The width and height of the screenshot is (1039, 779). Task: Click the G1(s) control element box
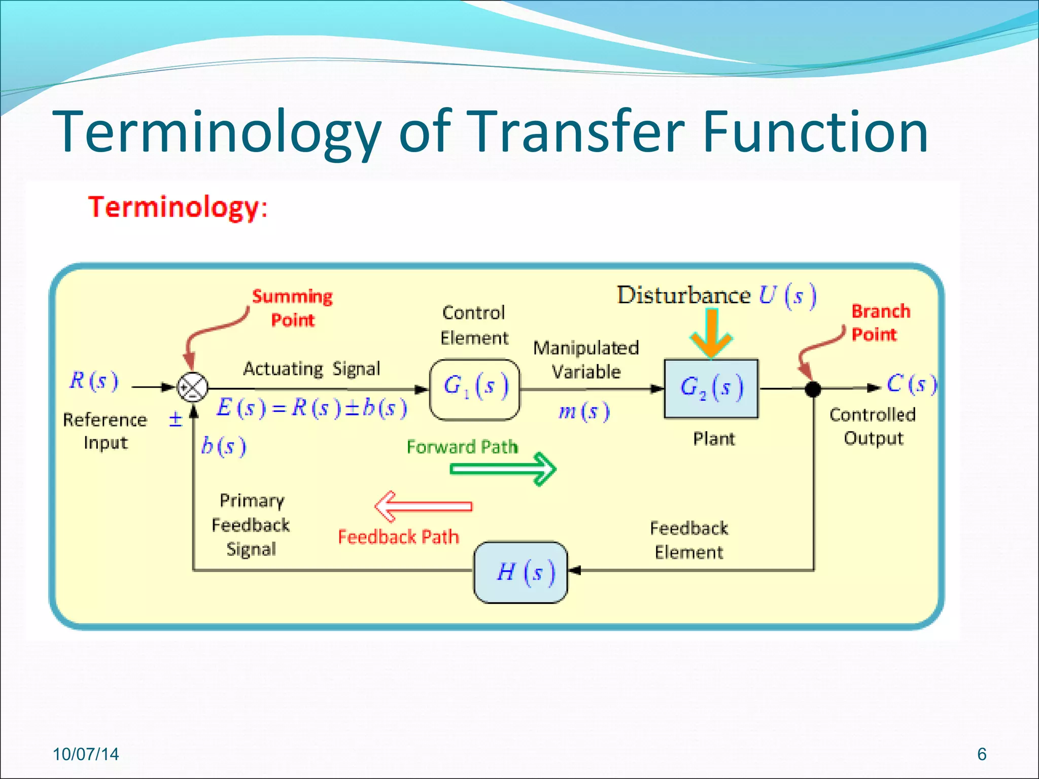click(x=475, y=389)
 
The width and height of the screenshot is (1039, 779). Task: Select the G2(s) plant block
click(x=711, y=389)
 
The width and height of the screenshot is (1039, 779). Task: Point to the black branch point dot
click(x=813, y=389)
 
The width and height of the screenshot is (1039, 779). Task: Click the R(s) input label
click(x=94, y=381)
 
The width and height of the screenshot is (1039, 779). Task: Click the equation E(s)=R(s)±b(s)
click(x=311, y=408)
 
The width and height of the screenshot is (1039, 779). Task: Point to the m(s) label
click(x=583, y=411)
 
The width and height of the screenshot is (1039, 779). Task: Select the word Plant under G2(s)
click(x=714, y=439)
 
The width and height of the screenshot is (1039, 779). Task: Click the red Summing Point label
click(x=292, y=308)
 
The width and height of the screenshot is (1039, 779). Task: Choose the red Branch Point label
click(x=880, y=323)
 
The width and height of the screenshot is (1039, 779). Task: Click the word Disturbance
click(x=683, y=295)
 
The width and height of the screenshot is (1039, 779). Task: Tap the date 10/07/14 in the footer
click(x=86, y=754)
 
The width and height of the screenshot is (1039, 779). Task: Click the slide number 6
click(x=982, y=754)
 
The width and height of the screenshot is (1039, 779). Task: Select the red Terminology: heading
click(x=178, y=207)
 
